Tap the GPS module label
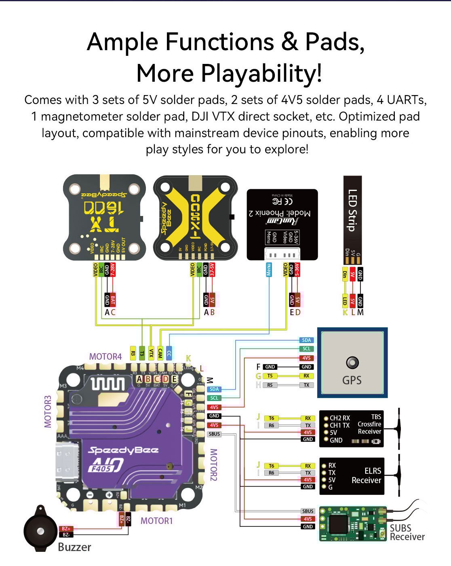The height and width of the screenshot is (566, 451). [352, 380]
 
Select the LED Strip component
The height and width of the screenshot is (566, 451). [352, 218]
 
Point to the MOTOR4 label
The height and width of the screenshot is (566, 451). [105, 356]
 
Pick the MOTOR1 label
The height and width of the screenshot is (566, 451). [156, 521]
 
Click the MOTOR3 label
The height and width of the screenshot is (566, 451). [48, 411]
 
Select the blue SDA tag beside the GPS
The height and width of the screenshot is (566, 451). [306, 340]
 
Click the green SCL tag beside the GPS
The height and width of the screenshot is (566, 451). [306, 349]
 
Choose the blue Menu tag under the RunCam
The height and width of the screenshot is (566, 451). [269, 270]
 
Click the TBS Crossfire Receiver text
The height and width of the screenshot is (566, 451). [369, 424]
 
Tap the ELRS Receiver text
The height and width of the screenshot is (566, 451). [367, 476]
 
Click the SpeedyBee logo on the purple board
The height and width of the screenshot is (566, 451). [123, 450]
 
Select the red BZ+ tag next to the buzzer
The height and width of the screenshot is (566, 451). [66, 529]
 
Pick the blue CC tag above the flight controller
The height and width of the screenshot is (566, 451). [169, 353]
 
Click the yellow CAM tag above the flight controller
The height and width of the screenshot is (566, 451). [160, 353]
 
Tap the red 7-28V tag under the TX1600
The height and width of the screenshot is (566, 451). [113, 270]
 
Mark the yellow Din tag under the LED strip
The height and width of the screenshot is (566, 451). [345, 275]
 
